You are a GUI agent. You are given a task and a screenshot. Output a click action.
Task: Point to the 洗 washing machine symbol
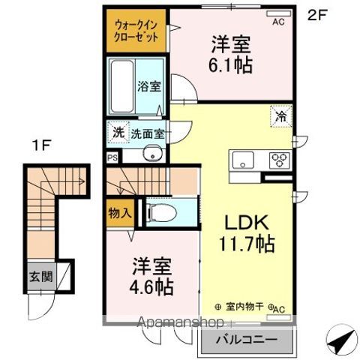[118, 133]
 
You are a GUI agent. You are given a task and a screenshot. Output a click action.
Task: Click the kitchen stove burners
[280, 160]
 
